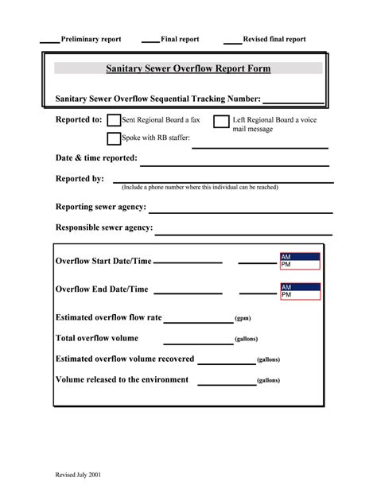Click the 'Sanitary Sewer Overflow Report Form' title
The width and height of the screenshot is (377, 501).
pyautogui.click(x=188, y=69)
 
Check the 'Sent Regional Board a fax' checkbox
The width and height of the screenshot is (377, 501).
pyautogui.click(x=114, y=120)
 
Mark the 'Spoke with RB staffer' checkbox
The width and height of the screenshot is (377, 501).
pyautogui.click(x=114, y=138)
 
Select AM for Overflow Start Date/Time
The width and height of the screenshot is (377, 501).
pyautogui.click(x=300, y=256)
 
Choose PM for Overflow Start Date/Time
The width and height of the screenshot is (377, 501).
pyautogui.click(x=300, y=264)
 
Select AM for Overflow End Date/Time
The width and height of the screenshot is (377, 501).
pyautogui.click(x=300, y=286)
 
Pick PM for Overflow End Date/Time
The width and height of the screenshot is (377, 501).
pyautogui.click(x=300, y=294)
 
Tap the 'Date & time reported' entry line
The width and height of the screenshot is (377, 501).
pyautogui.click(x=234, y=162)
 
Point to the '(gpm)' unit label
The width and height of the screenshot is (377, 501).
pyautogui.click(x=243, y=318)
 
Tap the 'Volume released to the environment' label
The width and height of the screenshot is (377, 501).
pyautogui.click(x=122, y=379)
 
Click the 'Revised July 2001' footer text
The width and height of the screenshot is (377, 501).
pyautogui.click(x=78, y=474)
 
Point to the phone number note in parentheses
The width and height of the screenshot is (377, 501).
pyautogui.click(x=200, y=188)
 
